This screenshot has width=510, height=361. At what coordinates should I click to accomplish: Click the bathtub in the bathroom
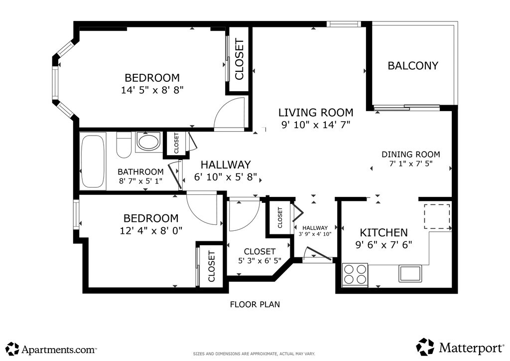(93, 161)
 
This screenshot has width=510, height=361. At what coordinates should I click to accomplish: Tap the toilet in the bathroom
(124, 145)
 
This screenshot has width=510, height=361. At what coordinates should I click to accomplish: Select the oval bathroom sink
(148, 142)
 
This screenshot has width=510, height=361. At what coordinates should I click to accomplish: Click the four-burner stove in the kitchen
(355, 275)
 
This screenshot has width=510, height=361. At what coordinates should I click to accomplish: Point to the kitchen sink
(410, 273)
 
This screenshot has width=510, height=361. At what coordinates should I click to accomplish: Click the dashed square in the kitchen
(437, 216)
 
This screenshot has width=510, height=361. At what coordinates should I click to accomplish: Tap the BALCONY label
(413, 66)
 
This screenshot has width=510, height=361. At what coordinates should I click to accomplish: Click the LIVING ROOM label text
(315, 113)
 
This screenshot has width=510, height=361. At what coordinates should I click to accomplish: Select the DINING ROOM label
(411, 154)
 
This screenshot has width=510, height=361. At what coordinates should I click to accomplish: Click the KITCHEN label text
(384, 232)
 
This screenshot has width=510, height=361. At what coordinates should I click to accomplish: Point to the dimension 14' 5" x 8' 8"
(152, 90)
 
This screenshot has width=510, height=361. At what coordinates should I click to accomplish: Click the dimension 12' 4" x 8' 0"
(151, 230)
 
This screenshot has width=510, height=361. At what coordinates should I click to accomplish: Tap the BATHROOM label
(140, 172)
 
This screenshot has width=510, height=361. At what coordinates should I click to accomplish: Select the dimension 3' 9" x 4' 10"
(315, 233)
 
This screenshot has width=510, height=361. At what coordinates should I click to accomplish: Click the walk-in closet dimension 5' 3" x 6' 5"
(259, 260)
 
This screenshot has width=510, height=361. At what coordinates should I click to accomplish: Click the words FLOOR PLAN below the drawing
(255, 304)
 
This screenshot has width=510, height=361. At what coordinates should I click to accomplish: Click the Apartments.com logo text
(59, 350)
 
